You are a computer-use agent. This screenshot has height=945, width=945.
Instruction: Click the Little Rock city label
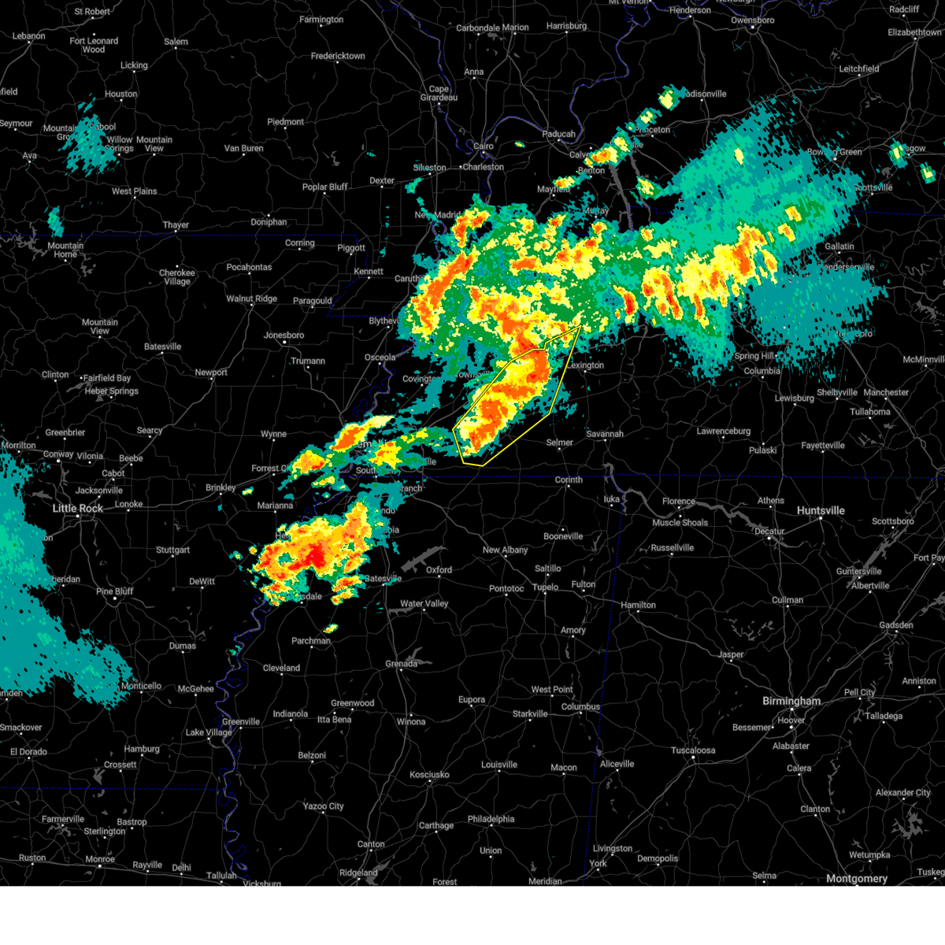point(78,509)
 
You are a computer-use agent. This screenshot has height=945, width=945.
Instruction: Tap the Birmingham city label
point(791,701)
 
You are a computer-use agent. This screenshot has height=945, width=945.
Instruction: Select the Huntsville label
point(821,510)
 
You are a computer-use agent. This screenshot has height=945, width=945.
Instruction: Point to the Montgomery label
point(857,878)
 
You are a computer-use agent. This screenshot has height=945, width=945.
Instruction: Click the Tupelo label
point(545,587)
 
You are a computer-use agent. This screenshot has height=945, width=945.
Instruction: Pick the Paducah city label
point(558,134)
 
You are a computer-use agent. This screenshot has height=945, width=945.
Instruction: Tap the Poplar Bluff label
point(325,187)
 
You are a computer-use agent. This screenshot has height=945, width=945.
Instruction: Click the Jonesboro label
point(283,335)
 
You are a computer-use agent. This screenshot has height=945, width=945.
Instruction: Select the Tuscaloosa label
point(693,750)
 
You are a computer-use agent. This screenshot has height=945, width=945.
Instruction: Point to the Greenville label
point(241,721)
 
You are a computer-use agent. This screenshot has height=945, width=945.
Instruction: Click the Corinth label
point(569,480)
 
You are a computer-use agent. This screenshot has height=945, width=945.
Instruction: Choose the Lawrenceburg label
point(724,431)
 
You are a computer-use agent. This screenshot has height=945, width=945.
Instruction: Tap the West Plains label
point(134,191)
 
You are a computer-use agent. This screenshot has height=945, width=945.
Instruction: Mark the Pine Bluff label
point(114,591)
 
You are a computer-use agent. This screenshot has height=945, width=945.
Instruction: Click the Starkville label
point(530,714)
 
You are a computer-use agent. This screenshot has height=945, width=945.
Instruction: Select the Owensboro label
point(752,20)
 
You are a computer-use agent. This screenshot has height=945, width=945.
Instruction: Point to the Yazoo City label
point(324,806)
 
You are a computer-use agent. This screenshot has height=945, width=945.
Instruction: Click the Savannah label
point(605,434)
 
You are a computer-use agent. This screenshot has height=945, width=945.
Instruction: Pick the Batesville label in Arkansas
point(163,346)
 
